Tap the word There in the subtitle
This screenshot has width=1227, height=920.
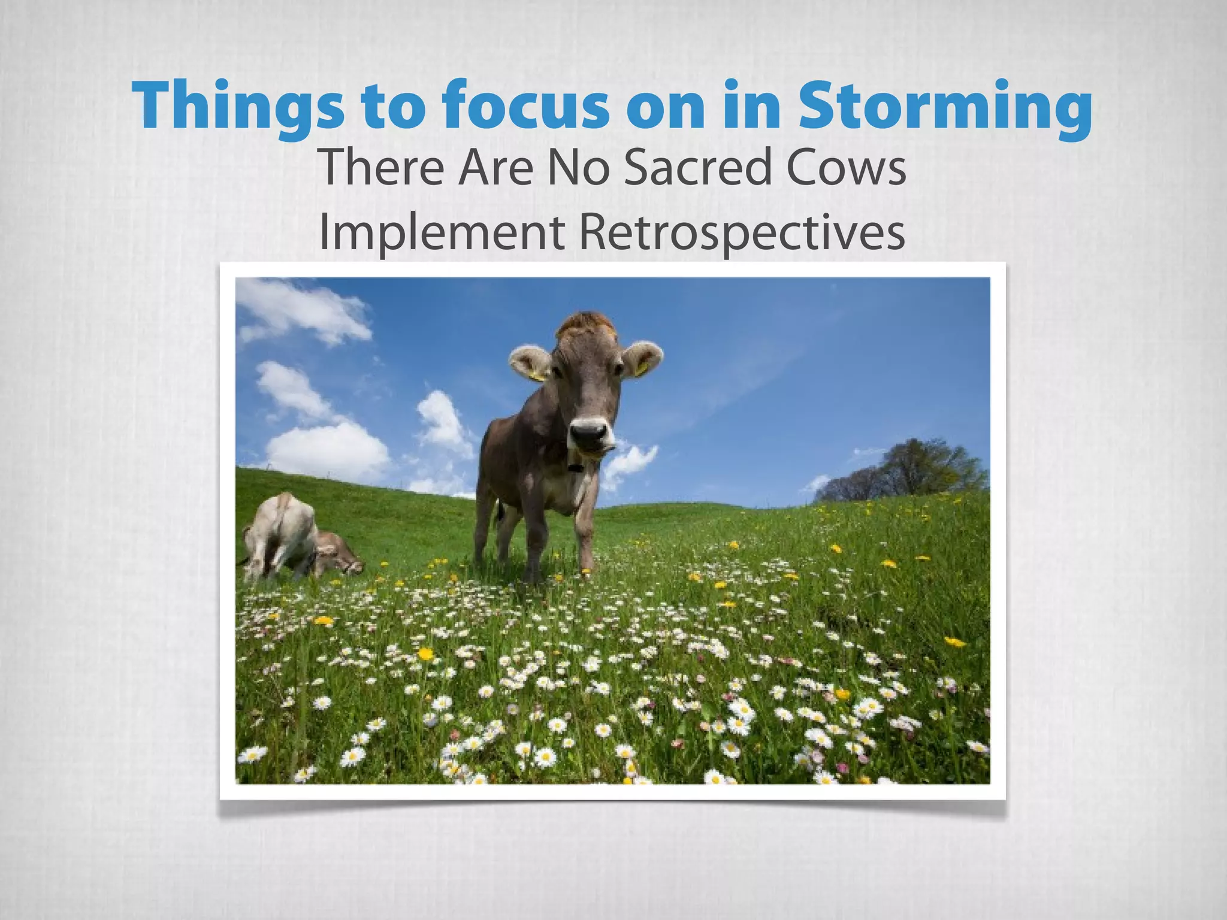tap(384, 168)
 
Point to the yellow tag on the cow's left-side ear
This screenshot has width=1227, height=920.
tap(537, 376)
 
